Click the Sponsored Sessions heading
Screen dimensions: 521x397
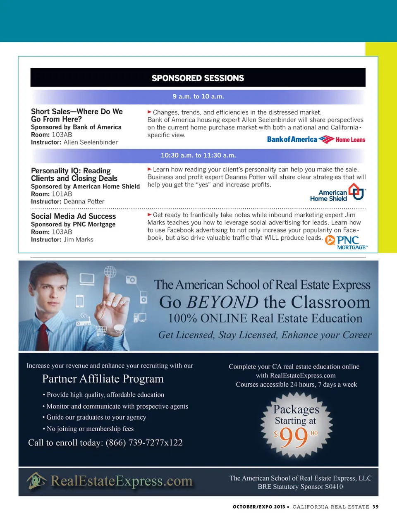pos(198,78)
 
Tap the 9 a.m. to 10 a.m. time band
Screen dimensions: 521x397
pos(198,96)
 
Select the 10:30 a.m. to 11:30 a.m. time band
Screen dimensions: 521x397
pos(198,155)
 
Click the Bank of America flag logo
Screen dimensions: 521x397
pos(326,139)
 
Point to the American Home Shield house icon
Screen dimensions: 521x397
pos(356,192)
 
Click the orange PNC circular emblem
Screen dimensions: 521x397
pos(330,240)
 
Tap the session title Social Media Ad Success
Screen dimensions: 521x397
pos(73,216)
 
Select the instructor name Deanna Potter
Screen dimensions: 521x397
pos(84,202)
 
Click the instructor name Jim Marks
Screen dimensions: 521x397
pos(79,240)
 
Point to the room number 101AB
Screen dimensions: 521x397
pos(62,194)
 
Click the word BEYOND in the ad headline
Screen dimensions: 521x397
pos(222,302)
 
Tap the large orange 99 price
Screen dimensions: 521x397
pos(294,437)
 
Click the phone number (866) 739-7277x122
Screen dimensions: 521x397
pos(144,443)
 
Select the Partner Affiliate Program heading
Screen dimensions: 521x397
pos(103,379)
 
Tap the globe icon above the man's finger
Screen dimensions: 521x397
pos(110,272)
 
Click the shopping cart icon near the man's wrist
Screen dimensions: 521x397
pos(101,330)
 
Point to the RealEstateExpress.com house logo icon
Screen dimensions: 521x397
pos(36,481)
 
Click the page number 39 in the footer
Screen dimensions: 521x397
pos(375,507)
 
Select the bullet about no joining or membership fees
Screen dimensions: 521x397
pos(90,429)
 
